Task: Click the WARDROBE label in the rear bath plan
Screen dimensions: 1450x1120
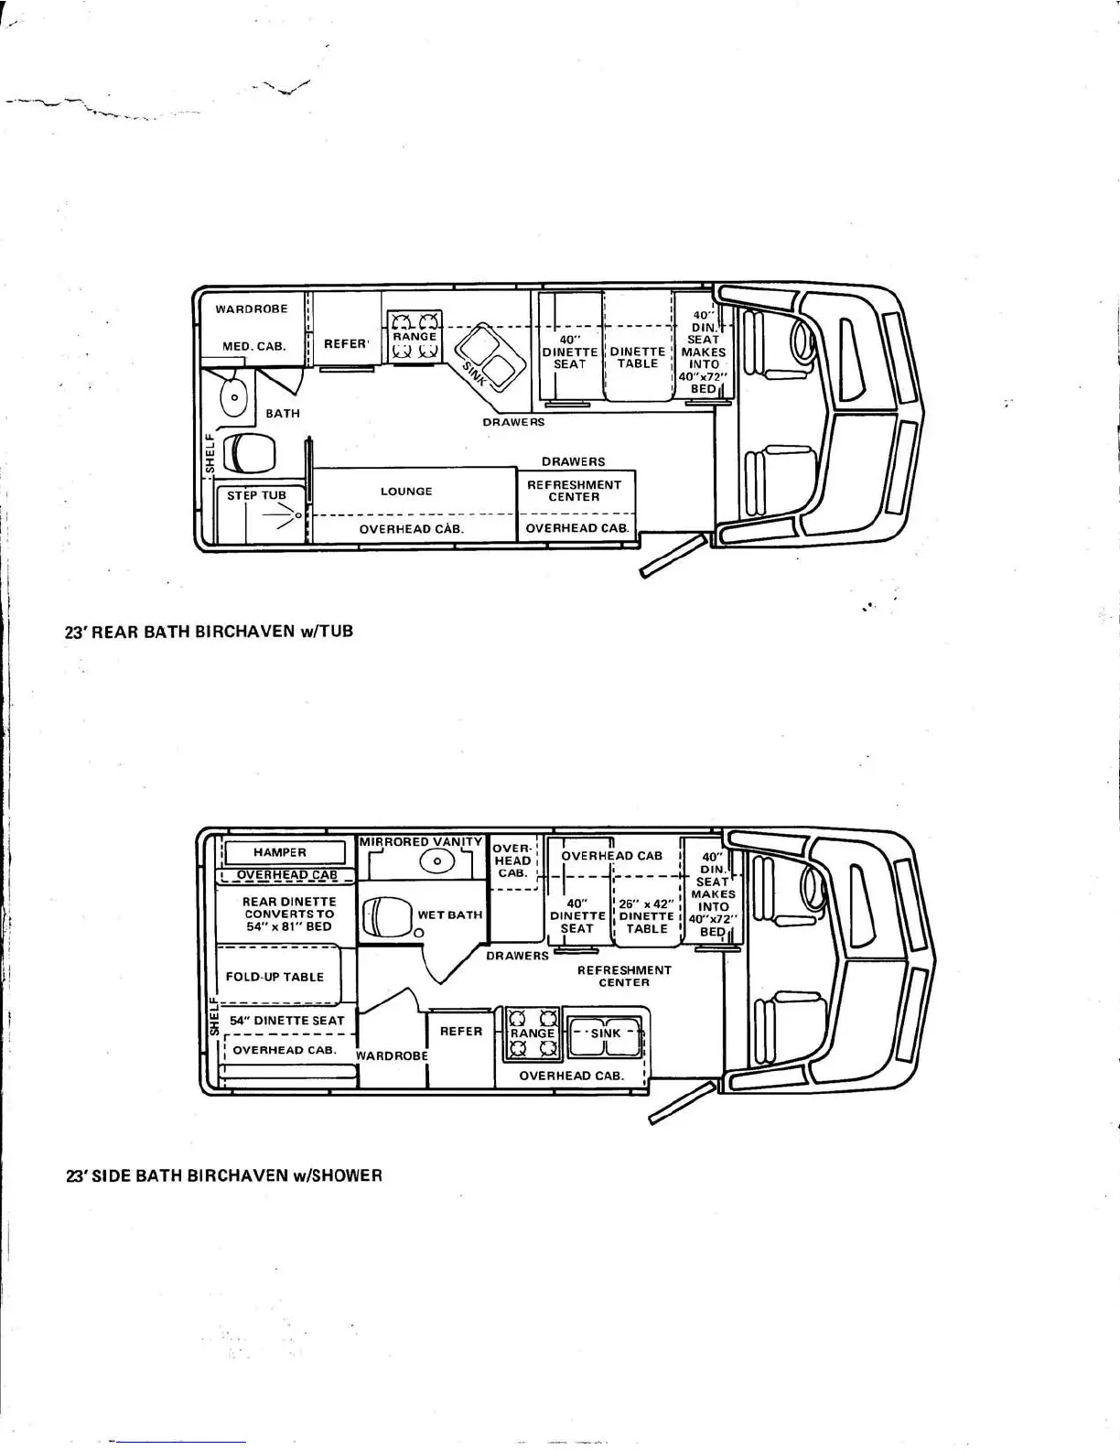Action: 252,309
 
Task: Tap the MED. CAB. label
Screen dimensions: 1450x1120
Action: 254,347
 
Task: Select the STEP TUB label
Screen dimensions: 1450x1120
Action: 256,495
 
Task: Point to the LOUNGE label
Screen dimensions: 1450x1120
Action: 406,492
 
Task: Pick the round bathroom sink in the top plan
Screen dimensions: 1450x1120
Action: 235,398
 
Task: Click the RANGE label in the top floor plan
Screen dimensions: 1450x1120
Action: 415,337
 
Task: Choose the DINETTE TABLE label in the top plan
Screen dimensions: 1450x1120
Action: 638,358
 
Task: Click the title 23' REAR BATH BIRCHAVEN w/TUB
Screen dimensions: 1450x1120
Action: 208,632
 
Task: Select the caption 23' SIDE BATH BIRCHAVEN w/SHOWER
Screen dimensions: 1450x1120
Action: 223,1175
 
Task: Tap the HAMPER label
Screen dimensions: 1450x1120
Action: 280,852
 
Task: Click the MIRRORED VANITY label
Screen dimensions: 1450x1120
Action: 421,841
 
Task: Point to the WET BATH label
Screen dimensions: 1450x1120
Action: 449,914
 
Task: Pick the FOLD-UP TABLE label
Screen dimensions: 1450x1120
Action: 275,977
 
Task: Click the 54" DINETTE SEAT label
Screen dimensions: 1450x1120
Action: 286,1021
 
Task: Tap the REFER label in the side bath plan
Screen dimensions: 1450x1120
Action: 461,1032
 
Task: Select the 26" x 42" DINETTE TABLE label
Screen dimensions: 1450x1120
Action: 647,916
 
